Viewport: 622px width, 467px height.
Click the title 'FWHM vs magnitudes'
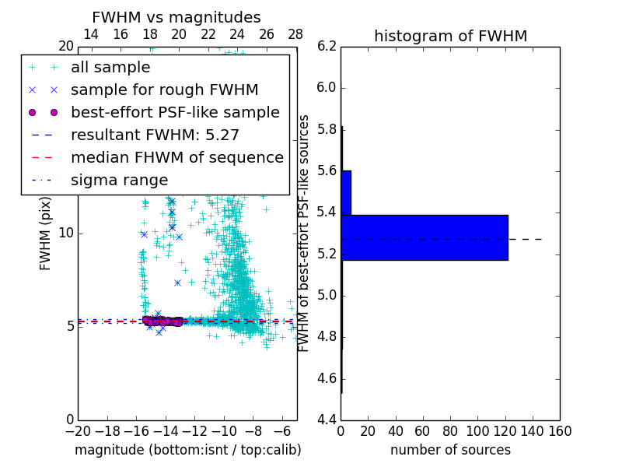(176, 17)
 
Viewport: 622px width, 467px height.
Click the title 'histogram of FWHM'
(450, 36)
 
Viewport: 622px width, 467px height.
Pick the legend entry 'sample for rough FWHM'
(164, 90)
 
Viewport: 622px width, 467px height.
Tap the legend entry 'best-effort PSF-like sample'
(175, 112)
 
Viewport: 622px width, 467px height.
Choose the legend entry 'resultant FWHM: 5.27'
(155, 135)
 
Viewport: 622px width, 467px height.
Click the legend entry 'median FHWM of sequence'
(176, 157)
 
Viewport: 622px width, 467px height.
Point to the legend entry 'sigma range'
(119, 180)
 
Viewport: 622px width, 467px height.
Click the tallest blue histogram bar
(424, 237)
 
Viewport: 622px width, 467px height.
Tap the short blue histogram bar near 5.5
(346, 192)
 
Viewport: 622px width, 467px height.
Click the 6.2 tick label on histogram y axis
(327, 46)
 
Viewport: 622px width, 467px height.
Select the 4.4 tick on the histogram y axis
(327, 420)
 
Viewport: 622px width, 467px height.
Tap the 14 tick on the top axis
(90, 34)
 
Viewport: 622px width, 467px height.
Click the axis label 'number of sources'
(450, 450)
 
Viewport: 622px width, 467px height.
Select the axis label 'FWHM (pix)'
(46, 233)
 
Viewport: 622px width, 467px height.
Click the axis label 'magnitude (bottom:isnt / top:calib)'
(187, 450)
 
